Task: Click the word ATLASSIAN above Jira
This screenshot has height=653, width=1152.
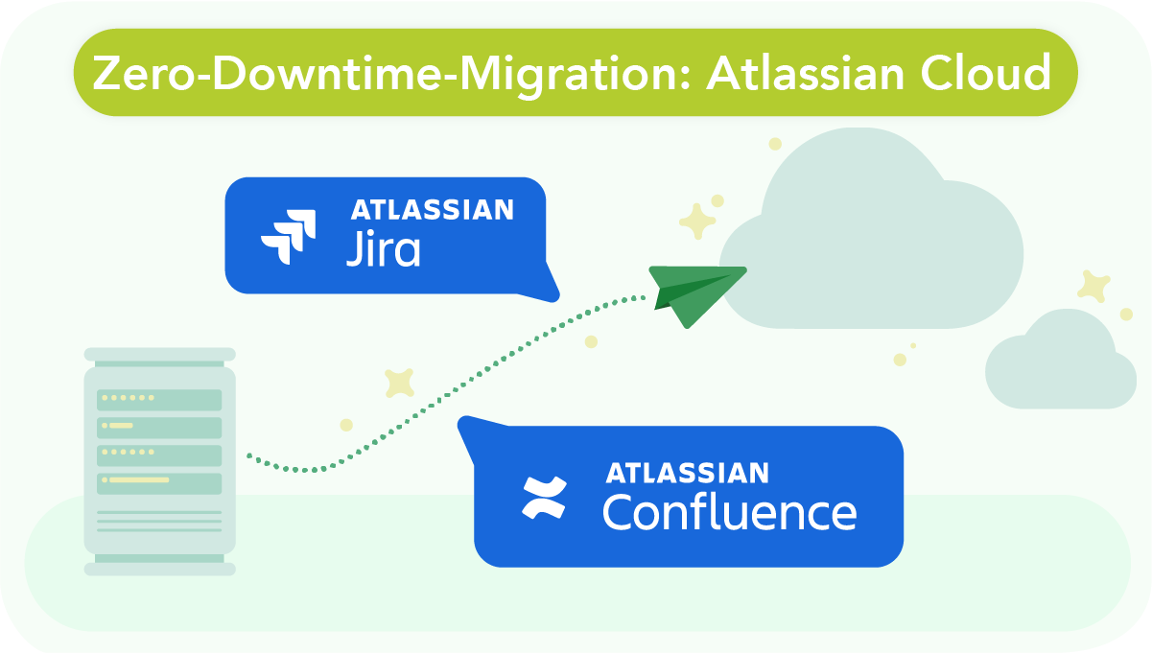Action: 432,210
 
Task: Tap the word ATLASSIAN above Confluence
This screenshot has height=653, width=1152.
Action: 687,473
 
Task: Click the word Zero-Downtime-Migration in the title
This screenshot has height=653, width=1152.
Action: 389,73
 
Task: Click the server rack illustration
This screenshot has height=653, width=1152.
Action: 159,460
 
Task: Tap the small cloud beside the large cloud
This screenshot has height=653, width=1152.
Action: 1061,364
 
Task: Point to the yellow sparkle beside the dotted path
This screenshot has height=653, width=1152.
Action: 399,383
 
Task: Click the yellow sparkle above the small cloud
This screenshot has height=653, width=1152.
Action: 1093,286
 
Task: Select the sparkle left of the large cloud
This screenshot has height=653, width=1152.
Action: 697,222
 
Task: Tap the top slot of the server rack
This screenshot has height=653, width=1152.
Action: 159,399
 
